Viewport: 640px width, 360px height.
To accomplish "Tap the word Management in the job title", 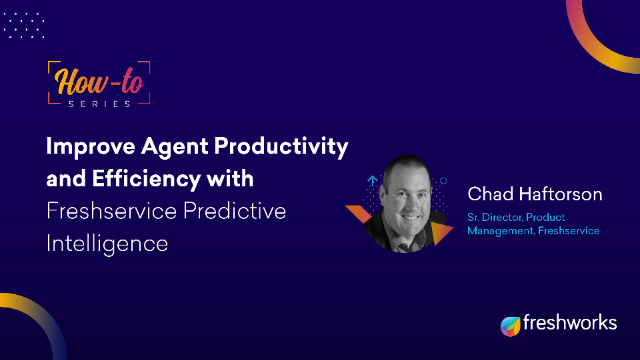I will (504, 232).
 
